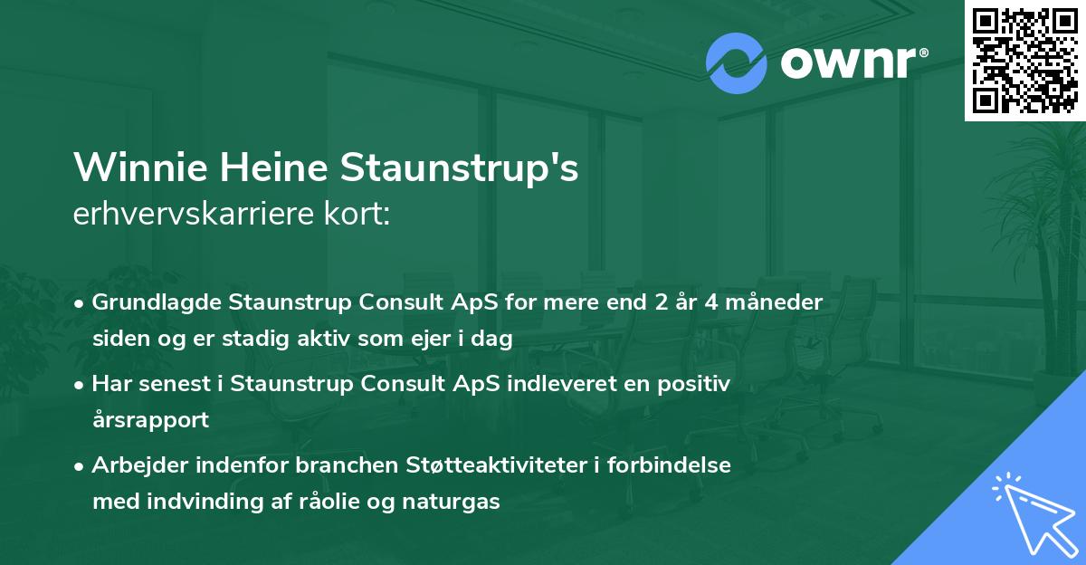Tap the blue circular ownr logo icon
pyautogui.click(x=737, y=63)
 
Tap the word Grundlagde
pyautogui.click(x=151, y=302)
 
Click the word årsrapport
pyautogui.click(x=150, y=420)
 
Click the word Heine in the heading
pyautogui.click(x=268, y=168)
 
